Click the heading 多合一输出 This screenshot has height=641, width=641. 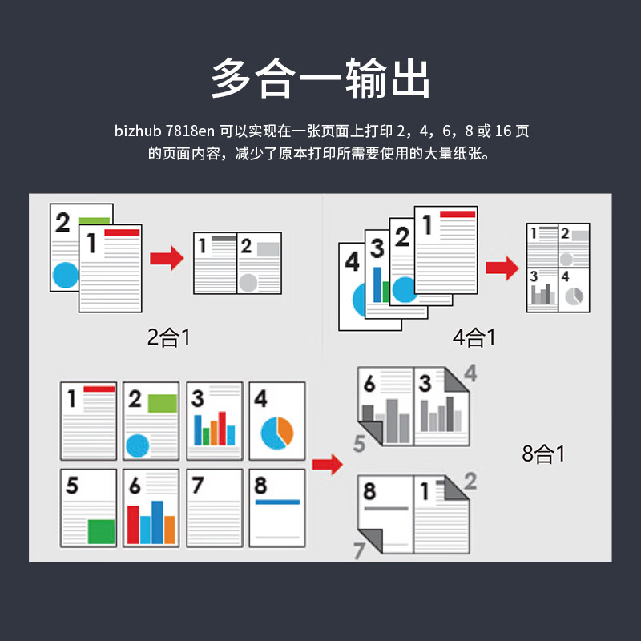click(x=320, y=78)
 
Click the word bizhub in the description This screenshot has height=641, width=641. click(x=138, y=131)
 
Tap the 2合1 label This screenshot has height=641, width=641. click(x=169, y=337)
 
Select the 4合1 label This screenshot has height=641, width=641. click(x=474, y=337)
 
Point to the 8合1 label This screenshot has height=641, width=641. click(x=543, y=454)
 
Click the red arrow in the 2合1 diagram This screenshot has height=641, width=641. click(x=167, y=258)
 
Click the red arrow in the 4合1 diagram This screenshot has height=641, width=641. click(x=502, y=268)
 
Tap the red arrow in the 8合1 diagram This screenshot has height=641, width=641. click(x=328, y=465)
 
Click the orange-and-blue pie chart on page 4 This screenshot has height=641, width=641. click(x=277, y=433)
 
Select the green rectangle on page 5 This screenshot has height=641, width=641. click(x=102, y=531)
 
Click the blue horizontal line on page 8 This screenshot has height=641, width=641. click(x=277, y=502)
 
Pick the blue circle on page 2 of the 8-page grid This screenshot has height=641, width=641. click(x=137, y=445)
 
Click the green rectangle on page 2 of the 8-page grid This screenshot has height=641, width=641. click(x=163, y=404)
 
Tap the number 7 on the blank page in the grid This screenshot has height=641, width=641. click(x=197, y=485)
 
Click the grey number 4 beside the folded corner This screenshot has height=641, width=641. click(x=470, y=373)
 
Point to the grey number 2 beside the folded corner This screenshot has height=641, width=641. click(x=470, y=481)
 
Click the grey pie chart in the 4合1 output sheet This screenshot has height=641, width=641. click(x=574, y=296)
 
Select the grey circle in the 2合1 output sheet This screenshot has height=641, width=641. click(x=248, y=283)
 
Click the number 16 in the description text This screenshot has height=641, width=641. click(x=503, y=131)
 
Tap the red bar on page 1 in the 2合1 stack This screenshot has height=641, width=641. click(x=123, y=232)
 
